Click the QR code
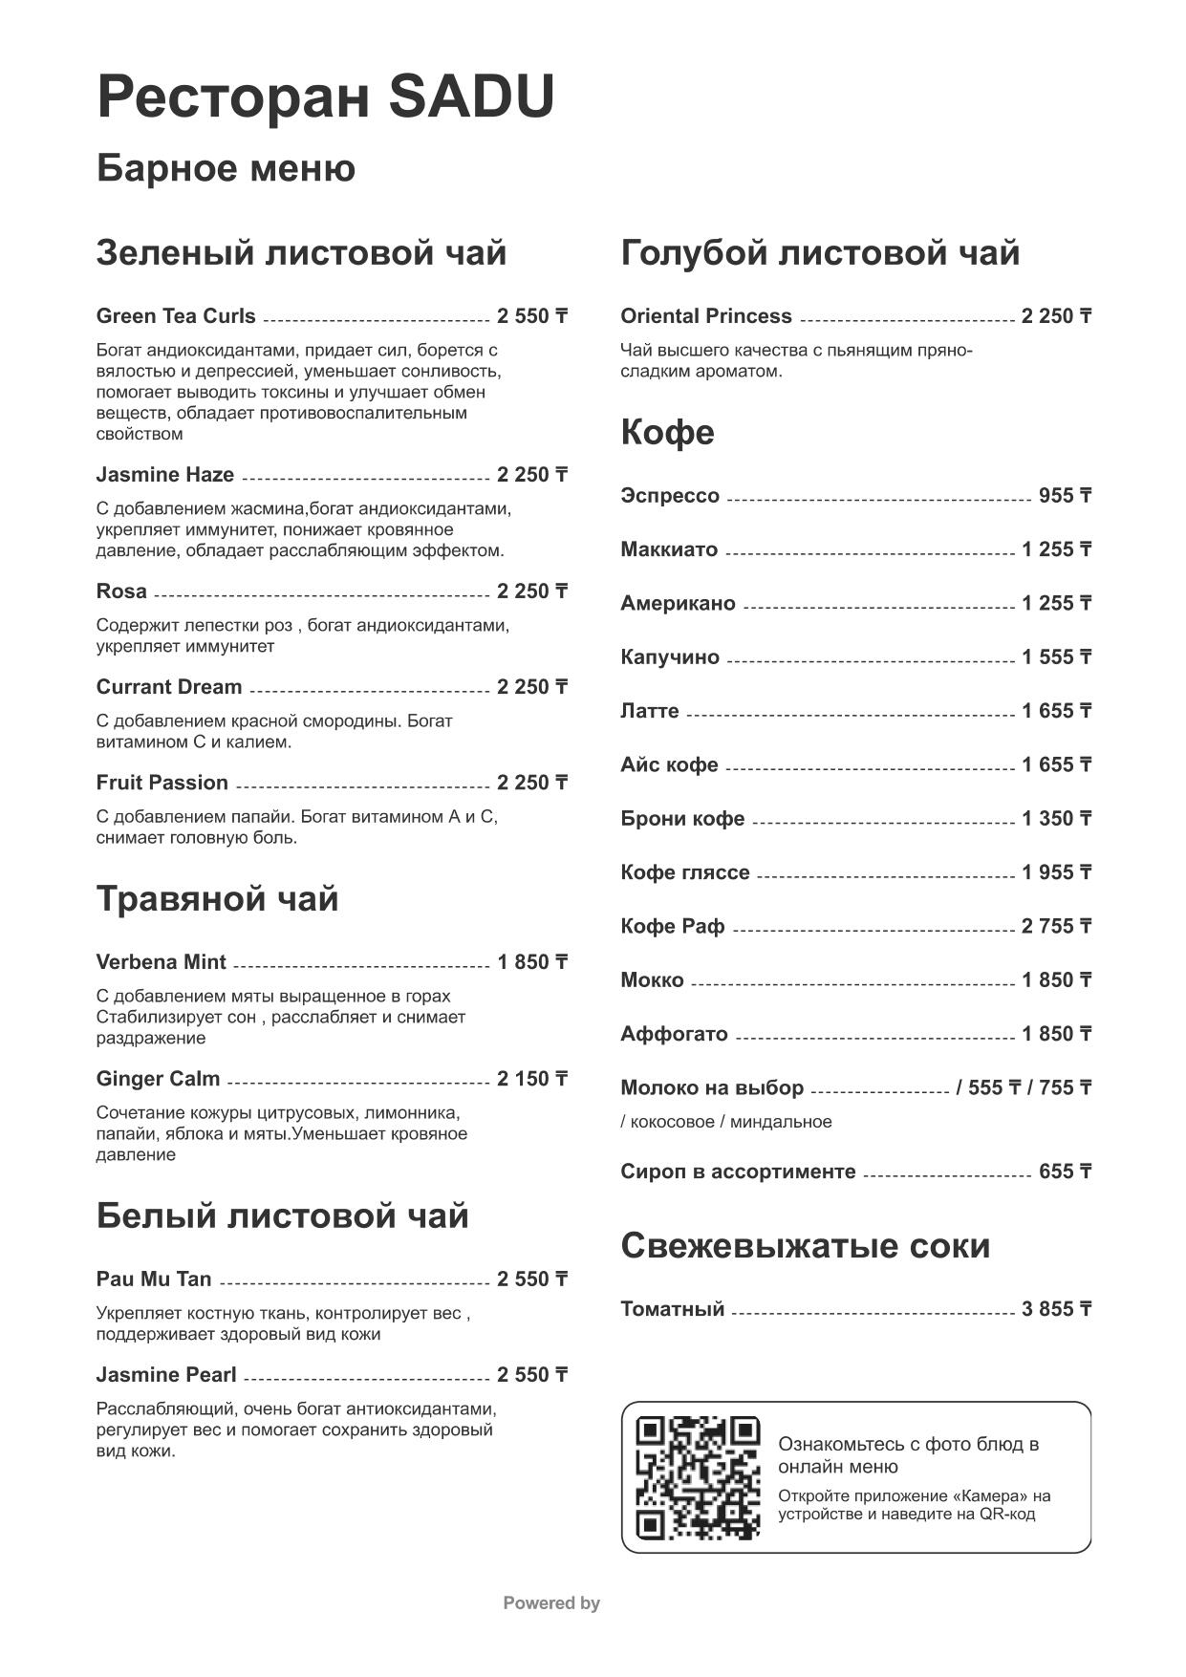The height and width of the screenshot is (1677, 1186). click(698, 1477)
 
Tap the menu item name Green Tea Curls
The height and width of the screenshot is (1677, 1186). click(176, 316)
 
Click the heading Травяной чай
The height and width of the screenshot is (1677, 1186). click(217, 899)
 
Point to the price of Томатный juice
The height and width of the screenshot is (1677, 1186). click(1056, 1309)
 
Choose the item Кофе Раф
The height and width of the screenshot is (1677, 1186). click(672, 927)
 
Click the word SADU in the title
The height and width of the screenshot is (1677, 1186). click(472, 97)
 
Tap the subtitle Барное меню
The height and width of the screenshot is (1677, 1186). click(226, 168)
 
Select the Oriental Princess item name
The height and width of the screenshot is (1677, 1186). click(705, 316)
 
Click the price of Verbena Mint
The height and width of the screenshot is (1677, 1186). click(532, 962)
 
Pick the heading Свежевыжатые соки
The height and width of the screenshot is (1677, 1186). click(805, 1246)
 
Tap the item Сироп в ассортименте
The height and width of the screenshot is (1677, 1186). click(738, 1172)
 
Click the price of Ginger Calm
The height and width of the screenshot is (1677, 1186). click(532, 1079)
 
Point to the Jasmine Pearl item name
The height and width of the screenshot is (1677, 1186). click(166, 1375)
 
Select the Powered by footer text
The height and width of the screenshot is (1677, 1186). click(551, 1603)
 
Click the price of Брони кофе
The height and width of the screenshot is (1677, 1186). click(1056, 819)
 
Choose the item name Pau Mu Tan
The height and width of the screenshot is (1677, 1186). click(154, 1279)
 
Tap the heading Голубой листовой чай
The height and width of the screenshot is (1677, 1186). click(820, 253)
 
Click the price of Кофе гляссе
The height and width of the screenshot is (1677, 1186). click(1056, 872)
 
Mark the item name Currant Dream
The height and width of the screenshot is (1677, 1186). click(169, 687)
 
